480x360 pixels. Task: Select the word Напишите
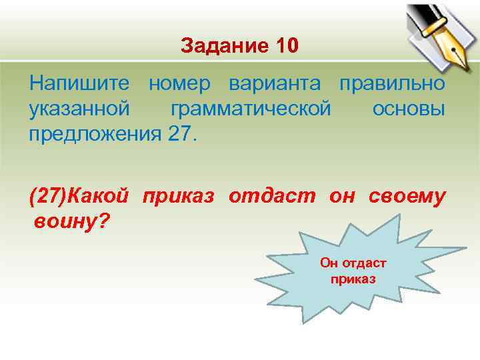[80, 85]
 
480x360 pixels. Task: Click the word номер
[179, 85]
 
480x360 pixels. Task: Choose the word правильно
[392, 85]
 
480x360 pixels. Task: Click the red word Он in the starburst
[329, 263]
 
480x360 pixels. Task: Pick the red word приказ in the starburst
[353, 278]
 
